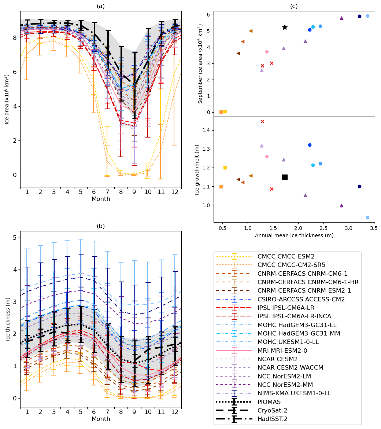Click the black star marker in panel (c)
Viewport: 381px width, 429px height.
(285, 27)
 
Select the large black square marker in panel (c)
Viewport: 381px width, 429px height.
(285, 177)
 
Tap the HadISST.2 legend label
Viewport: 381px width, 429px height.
(273, 419)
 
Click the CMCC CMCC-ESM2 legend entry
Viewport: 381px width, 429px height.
(286, 257)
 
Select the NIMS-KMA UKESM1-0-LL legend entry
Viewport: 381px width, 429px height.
(294, 393)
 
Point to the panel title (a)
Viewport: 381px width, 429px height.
(101, 6)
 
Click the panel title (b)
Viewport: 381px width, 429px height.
(101, 226)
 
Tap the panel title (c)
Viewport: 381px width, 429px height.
(294, 6)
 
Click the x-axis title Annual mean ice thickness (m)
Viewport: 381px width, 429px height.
(294, 235)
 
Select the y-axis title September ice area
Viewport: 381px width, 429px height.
(200, 64)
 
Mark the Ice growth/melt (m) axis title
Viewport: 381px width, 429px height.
(197, 169)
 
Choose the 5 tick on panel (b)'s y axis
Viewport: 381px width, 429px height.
(14, 238)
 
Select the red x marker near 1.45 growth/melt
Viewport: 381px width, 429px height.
(262, 121)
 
